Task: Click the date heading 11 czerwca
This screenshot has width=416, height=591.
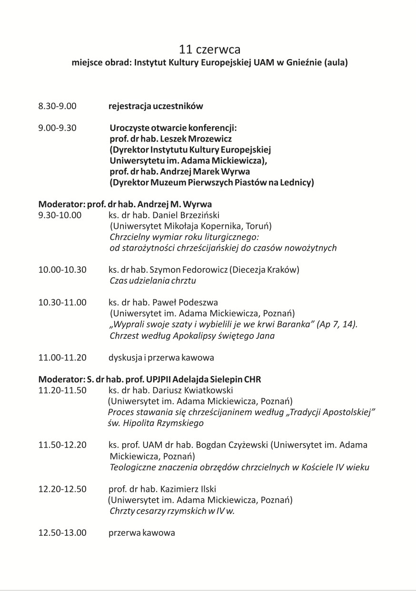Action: [x=210, y=50]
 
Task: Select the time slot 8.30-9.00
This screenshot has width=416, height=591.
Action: [x=57, y=106]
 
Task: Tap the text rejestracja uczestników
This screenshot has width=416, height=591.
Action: [x=156, y=106]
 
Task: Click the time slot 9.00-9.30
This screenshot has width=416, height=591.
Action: [x=57, y=128]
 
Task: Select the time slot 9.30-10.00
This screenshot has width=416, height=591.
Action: [x=60, y=215]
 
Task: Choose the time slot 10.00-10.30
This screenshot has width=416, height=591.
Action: [x=62, y=270]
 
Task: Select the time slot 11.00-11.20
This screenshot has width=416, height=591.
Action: [x=62, y=357]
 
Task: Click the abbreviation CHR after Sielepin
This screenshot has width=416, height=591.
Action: [x=252, y=380]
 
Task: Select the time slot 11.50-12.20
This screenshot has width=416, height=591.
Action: [x=62, y=445]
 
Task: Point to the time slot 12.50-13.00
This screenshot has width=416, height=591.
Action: [x=62, y=533]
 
